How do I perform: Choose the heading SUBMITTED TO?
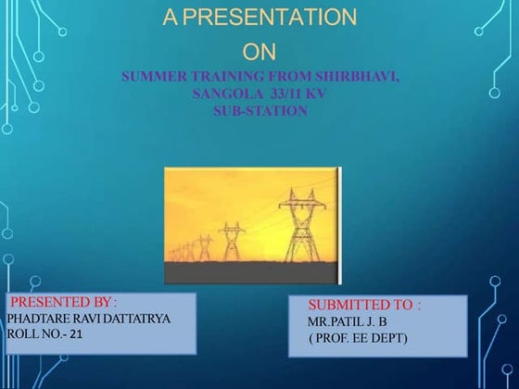coord(363,305)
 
